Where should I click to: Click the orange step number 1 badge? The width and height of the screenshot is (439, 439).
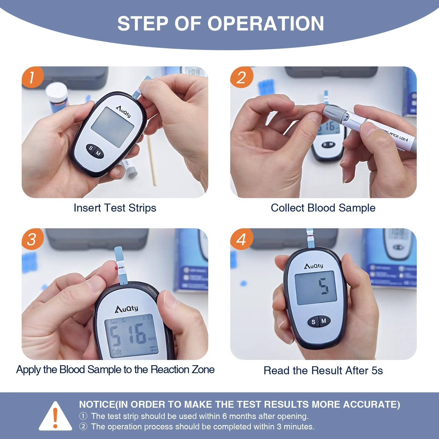point(33,77)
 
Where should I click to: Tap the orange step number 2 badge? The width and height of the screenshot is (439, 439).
point(241,77)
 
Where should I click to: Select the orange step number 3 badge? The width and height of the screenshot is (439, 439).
point(33,239)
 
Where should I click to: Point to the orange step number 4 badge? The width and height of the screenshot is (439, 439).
point(241,239)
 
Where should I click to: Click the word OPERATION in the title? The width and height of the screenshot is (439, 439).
point(266,24)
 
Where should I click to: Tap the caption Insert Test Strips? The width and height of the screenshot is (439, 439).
point(115,208)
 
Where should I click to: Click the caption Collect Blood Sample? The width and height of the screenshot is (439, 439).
point(323,208)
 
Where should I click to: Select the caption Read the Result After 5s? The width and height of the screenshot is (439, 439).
point(323,371)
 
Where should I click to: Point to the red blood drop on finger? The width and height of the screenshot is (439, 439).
point(116,268)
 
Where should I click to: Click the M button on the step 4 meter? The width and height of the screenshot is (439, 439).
point(324,321)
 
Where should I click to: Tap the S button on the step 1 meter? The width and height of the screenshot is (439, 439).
point(91,148)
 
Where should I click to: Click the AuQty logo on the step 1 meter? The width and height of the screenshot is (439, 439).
point(124,111)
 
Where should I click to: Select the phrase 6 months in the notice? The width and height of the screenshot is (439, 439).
point(237,416)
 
